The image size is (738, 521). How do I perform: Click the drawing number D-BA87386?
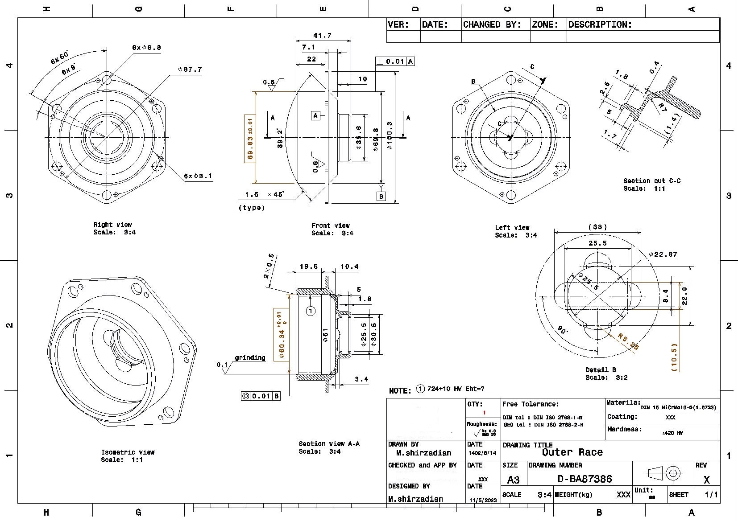pyautogui.click(x=585, y=479)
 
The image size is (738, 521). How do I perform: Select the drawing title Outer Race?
pyautogui.click(x=572, y=452)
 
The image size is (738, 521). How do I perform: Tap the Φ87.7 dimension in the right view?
pyautogui.click(x=190, y=70)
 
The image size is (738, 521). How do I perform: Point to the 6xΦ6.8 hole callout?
pyautogui.click(x=146, y=47)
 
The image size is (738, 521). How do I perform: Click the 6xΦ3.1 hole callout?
pyautogui.click(x=198, y=176)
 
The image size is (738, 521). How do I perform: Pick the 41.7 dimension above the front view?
pyautogui.click(x=322, y=36)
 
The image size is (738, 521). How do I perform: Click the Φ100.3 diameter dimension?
pyautogui.click(x=390, y=135)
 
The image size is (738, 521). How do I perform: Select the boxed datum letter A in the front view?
pyautogui.click(x=315, y=116)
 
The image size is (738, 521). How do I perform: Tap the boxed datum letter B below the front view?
pyautogui.click(x=381, y=196)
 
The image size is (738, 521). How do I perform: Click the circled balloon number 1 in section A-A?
pyautogui.click(x=311, y=311)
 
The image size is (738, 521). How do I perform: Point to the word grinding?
pyautogui.click(x=250, y=357)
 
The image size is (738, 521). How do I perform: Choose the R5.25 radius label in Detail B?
pyautogui.click(x=629, y=342)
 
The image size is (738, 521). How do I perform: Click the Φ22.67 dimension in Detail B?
pyautogui.click(x=663, y=254)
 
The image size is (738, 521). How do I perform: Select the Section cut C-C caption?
pyautogui.click(x=651, y=181)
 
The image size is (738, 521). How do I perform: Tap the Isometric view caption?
pyautogui.click(x=128, y=452)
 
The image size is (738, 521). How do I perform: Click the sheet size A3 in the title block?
pyautogui.click(x=513, y=480)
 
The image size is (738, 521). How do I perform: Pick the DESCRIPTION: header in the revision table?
pyautogui.click(x=600, y=25)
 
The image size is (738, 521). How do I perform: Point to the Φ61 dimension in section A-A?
pyautogui.click(x=325, y=335)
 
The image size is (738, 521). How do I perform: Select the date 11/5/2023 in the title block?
pyautogui.click(x=482, y=500)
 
